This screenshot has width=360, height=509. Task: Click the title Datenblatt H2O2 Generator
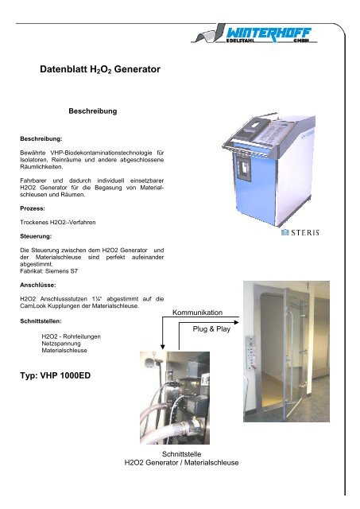pos(99,70)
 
